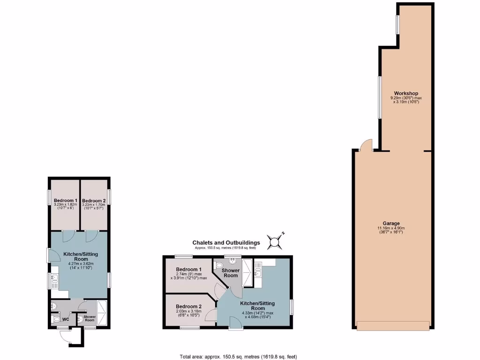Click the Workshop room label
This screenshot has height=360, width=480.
[406, 93]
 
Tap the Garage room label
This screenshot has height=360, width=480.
[390, 223]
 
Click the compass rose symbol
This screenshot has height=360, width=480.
[274, 241]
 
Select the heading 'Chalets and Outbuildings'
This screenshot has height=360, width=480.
[226, 242]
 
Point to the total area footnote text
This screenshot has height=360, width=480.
[238, 357]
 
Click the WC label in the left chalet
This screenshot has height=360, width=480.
[66, 320]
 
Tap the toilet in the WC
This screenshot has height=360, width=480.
[57, 320]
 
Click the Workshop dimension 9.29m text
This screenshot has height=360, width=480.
[406, 98]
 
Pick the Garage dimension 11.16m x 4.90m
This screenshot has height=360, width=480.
[390, 229]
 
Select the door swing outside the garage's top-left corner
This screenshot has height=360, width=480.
[366, 144]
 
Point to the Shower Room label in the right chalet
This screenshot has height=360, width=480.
[231, 273]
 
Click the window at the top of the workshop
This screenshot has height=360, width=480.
[397, 25]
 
